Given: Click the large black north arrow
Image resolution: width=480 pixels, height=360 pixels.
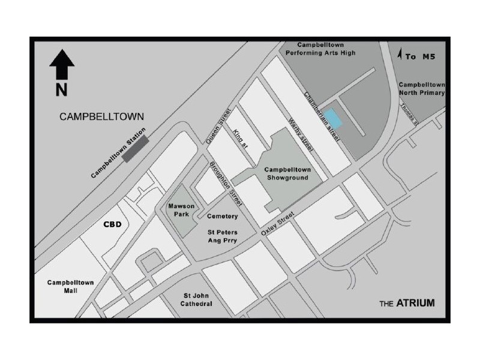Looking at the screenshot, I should [x=62, y=64].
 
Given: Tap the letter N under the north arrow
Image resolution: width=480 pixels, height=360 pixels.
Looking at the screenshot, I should [x=61, y=90].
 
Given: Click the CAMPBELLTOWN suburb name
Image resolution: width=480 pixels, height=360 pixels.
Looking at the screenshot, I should [x=102, y=117].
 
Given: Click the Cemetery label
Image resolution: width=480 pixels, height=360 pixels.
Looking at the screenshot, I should [x=222, y=216].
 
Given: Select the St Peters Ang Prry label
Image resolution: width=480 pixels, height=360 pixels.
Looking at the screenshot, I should [x=223, y=236].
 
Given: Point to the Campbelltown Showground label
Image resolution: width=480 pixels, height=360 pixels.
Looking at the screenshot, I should [x=286, y=173].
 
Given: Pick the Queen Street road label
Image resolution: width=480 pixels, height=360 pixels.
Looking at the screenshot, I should [x=218, y=125].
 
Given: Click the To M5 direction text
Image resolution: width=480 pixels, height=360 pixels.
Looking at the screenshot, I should [x=418, y=56].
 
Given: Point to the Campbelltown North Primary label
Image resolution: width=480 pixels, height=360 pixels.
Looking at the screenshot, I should [x=421, y=89].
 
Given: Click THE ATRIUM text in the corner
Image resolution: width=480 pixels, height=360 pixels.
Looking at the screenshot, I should [x=406, y=304].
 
